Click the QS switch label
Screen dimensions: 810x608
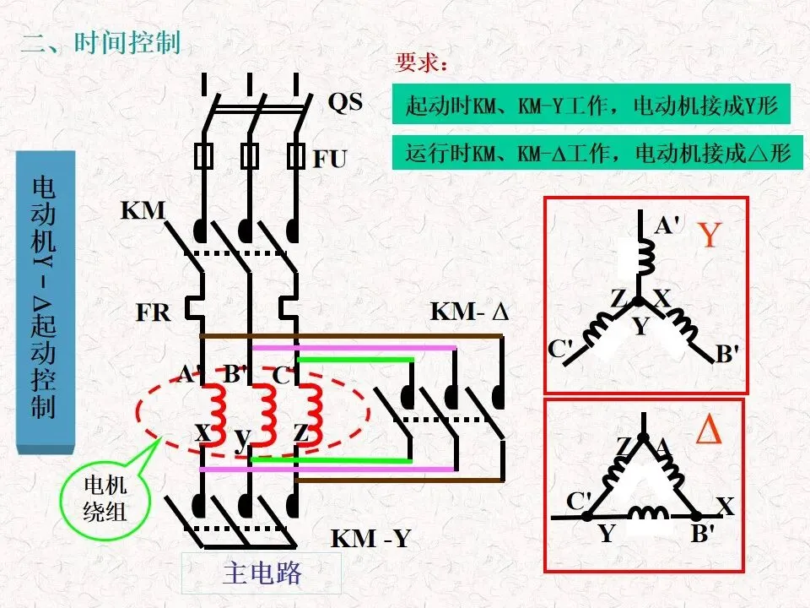point(345,102)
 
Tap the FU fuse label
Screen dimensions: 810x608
point(330,159)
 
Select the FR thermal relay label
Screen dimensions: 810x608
point(153,312)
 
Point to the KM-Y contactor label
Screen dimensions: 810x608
point(370,538)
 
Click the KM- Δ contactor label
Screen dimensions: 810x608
point(470,312)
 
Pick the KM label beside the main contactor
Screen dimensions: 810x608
point(143,210)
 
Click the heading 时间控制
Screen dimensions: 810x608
point(127,42)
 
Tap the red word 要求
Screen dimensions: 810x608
point(418,62)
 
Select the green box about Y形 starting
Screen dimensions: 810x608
point(591,105)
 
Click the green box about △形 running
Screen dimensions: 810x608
point(597,153)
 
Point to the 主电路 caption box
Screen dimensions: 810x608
point(262,573)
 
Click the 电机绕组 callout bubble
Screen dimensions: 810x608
point(105,499)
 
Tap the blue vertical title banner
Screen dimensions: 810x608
point(46,302)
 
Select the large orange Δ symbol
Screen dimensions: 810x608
point(708,430)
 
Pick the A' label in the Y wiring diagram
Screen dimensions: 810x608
point(667,225)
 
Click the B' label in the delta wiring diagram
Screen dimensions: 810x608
point(703,533)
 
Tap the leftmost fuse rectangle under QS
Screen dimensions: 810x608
point(203,155)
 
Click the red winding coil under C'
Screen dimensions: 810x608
point(311,414)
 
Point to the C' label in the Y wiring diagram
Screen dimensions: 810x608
point(560,349)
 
